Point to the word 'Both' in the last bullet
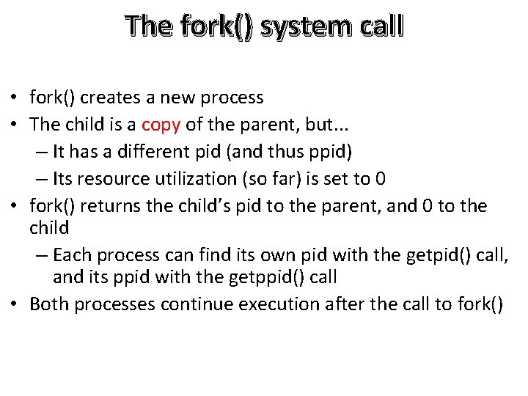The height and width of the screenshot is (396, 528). click(48, 304)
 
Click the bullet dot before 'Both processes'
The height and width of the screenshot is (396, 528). click(14, 305)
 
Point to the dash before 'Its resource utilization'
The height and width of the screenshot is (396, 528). click(40, 180)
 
